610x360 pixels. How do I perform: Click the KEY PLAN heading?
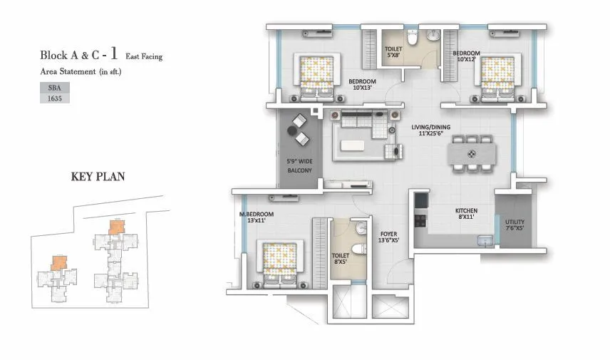(98, 177)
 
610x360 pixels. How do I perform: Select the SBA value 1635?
(53, 98)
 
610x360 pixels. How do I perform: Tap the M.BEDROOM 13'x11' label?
(252, 217)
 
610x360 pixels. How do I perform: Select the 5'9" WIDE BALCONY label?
(299, 166)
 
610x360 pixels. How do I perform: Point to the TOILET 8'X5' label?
(340, 258)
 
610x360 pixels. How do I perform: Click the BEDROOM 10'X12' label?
(467, 56)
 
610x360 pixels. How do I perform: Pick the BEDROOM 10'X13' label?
(362, 86)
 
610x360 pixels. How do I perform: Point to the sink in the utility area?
(485, 241)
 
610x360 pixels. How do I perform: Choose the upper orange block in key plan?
(115, 226)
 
